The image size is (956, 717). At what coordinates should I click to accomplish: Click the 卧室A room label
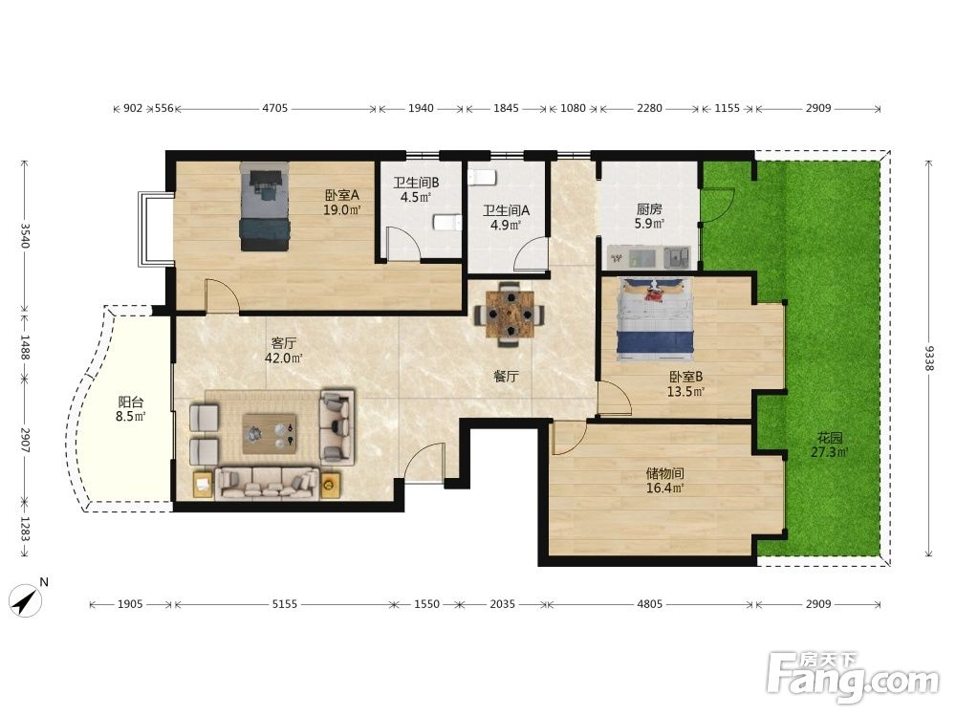(342, 195)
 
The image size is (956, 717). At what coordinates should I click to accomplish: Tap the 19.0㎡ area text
(342, 210)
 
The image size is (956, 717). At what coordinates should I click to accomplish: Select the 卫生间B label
(416, 183)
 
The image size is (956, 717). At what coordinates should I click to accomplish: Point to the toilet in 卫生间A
(482, 178)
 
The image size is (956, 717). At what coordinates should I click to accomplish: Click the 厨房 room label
(649, 208)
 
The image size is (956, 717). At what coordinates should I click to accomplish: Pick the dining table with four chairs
(510, 314)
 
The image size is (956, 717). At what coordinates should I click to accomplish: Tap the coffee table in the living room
(270, 433)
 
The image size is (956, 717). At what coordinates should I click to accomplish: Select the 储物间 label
(664, 473)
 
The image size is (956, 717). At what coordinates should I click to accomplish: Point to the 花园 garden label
(830, 438)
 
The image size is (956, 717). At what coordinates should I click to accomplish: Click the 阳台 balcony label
(131, 402)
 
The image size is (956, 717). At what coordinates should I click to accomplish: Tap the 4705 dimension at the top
(274, 109)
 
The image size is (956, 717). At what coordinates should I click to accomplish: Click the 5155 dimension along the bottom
(284, 604)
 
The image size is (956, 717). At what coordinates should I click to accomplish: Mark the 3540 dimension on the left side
(25, 235)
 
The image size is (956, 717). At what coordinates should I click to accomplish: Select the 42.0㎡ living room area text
(284, 358)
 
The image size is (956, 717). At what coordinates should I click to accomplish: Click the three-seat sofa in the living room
(267, 484)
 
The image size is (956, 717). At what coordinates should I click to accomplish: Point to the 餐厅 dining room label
(506, 376)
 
